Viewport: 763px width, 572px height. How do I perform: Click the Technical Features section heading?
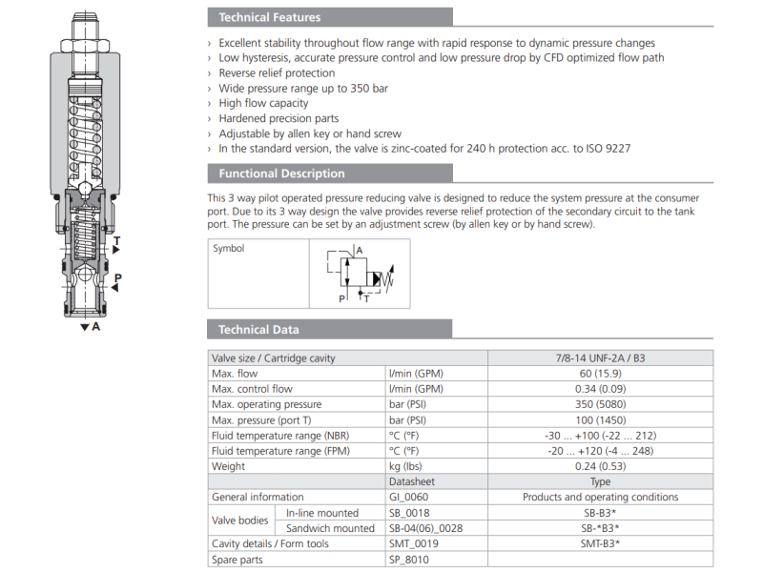pyautogui.click(x=269, y=17)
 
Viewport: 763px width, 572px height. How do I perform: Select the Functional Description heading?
pyautogui.click(x=281, y=174)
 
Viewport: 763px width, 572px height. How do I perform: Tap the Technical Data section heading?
pyautogui.click(x=258, y=330)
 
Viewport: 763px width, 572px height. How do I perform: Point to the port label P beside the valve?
pyautogui.click(x=117, y=278)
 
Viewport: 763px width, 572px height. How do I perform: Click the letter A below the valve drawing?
pyautogui.click(x=96, y=326)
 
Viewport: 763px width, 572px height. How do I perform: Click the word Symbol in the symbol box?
pyautogui.click(x=229, y=249)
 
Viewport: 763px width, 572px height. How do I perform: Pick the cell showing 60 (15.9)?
pyautogui.click(x=600, y=374)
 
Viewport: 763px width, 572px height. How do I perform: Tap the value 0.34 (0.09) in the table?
pyautogui.click(x=600, y=389)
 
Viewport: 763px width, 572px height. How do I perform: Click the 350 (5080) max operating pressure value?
pyautogui.click(x=600, y=404)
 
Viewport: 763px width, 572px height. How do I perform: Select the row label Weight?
pyautogui.click(x=228, y=466)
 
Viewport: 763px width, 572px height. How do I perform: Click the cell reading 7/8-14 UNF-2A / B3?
pyautogui.click(x=600, y=358)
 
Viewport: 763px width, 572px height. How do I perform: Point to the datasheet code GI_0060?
pyautogui.click(x=410, y=497)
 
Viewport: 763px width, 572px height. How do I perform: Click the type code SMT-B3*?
pyautogui.click(x=600, y=543)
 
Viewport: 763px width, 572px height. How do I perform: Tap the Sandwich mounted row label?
pyautogui.click(x=330, y=527)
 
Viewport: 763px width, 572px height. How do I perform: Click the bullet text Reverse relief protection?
pyautogui.click(x=277, y=72)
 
